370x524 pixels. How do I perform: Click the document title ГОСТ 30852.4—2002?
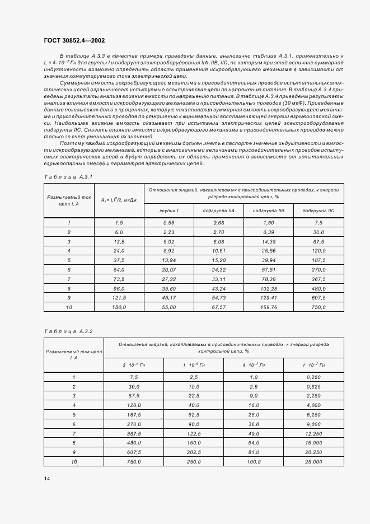coord(74,40)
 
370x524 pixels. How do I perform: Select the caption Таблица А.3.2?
coord(68,331)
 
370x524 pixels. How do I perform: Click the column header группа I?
coord(169,210)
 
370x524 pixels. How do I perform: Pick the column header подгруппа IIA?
coord(219,210)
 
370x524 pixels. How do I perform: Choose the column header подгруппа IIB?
coord(269,210)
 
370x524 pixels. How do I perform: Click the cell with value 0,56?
coord(169,223)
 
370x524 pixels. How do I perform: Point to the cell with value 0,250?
coord(314,377)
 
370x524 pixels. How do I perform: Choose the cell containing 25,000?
coord(314,462)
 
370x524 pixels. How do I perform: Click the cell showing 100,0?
coord(254,462)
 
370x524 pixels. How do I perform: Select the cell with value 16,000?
coord(314,443)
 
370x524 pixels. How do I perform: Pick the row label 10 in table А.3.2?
coord(73,462)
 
